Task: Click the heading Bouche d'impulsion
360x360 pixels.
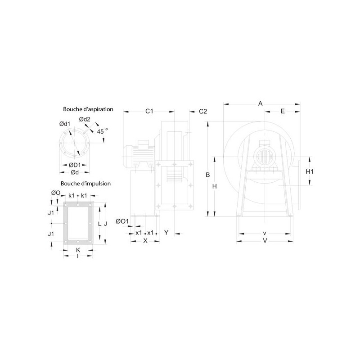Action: (x=85, y=184)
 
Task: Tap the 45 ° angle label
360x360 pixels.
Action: (x=103, y=131)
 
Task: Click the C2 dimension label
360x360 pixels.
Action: (x=202, y=111)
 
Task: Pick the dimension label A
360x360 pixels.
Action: (x=260, y=103)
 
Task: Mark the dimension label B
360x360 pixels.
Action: (x=208, y=175)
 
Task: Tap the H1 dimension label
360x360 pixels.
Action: (x=310, y=171)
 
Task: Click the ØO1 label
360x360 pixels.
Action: (x=122, y=221)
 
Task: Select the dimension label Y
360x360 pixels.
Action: (x=166, y=233)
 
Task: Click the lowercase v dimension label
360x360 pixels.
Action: (x=265, y=233)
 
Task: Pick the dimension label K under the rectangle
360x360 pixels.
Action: (x=78, y=249)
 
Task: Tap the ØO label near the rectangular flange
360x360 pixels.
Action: (x=56, y=193)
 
